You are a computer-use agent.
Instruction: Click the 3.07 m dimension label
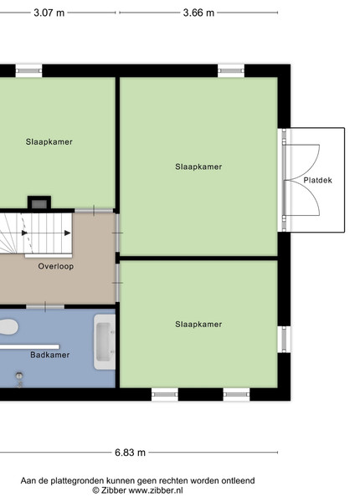pos(49,13)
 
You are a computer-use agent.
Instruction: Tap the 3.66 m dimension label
pos(198,13)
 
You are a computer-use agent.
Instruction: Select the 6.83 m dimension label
pos(130,453)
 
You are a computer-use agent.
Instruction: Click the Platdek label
pos(318,180)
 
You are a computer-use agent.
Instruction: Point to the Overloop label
pos(56,266)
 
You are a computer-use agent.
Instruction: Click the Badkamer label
pos(50,355)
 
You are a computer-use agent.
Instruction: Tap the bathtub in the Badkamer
pos(105,342)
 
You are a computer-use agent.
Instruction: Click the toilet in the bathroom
pos(8,327)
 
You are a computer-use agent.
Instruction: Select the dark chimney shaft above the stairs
pos(39,203)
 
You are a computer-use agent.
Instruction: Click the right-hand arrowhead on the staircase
pos(67,233)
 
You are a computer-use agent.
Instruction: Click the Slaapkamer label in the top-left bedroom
pos(49,142)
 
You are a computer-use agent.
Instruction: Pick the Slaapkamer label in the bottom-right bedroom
pos(198,325)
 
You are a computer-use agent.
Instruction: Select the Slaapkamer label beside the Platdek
pos(198,166)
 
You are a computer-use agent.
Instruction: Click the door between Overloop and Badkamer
pos(45,307)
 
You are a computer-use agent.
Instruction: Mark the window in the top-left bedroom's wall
pos(28,71)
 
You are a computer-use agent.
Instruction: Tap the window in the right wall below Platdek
pos(284,340)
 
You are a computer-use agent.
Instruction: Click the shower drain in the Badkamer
pos(19,375)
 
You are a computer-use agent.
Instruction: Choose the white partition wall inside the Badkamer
pos(29,347)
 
